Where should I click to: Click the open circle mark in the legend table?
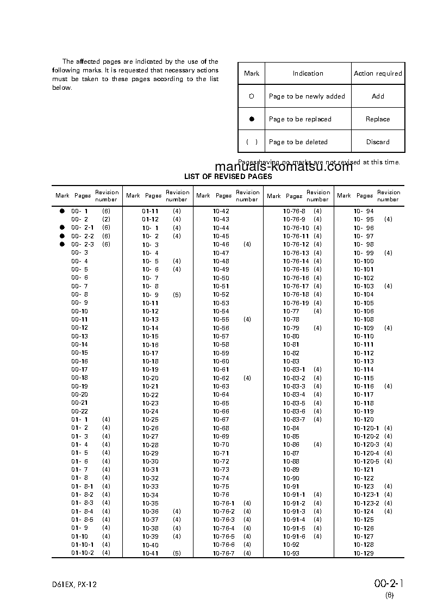click(x=252, y=96)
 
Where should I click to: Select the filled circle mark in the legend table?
click(x=252, y=119)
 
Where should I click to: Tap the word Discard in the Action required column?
click(x=378, y=142)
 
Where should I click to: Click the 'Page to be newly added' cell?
click(x=307, y=96)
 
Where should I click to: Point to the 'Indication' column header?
click(x=308, y=73)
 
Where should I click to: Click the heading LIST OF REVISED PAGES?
click(x=228, y=176)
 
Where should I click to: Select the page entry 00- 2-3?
click(x=83, y=244)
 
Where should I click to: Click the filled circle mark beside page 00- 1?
click(x=62, y=211)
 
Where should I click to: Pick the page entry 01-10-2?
click(x=83, y=553)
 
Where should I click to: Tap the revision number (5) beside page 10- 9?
click(x=177, y=294)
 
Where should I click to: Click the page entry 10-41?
click(x=151, y=553)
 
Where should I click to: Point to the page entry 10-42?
click(x=221, y=211)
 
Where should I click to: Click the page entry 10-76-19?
click(x=296, y=303)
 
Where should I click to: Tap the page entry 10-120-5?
click(x=366, y=461)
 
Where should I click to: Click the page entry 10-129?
click(x=364, y=553)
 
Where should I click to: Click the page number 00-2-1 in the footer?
click(x=389, y=584)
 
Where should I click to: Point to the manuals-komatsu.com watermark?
click(x=284, y=167)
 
